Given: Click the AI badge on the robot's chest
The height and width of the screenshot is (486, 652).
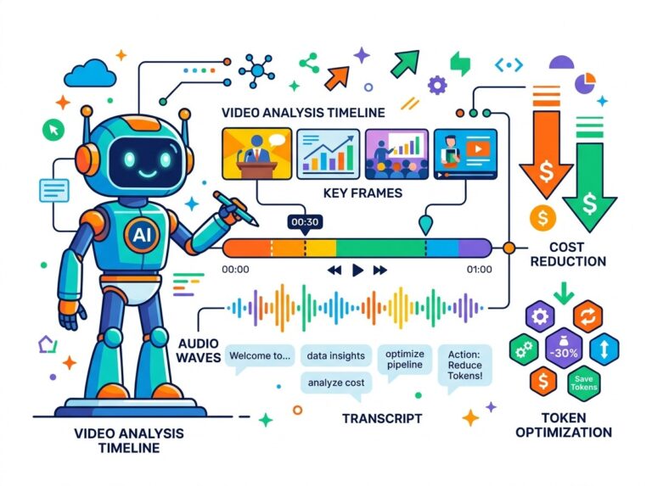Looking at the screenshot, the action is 142,236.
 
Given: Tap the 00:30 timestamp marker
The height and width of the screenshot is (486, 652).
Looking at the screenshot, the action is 305,222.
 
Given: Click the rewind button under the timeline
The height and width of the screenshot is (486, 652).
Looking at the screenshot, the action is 334,271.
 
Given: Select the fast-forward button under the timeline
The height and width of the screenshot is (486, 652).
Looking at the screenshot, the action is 380,271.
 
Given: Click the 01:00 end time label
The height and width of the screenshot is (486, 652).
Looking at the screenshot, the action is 479,270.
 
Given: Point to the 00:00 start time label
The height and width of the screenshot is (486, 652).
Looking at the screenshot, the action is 235,270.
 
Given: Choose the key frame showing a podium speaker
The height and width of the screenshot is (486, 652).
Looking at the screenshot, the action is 257,154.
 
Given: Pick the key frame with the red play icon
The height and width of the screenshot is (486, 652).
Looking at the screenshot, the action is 465,154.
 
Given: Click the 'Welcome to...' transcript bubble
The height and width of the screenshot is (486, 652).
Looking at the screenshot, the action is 260,357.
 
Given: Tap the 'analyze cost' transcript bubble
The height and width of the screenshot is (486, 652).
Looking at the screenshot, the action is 336,384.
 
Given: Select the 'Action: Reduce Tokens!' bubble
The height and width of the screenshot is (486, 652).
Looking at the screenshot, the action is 465,366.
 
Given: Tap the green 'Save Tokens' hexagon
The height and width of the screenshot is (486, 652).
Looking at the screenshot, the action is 584,383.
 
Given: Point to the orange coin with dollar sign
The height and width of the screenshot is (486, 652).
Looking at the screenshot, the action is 542,218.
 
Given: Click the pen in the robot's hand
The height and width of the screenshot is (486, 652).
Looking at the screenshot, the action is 236,209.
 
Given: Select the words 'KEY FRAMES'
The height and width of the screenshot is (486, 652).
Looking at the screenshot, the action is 363,193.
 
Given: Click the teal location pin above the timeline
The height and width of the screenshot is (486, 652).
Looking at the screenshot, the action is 425,224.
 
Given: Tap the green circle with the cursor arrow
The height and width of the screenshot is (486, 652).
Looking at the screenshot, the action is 53,129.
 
